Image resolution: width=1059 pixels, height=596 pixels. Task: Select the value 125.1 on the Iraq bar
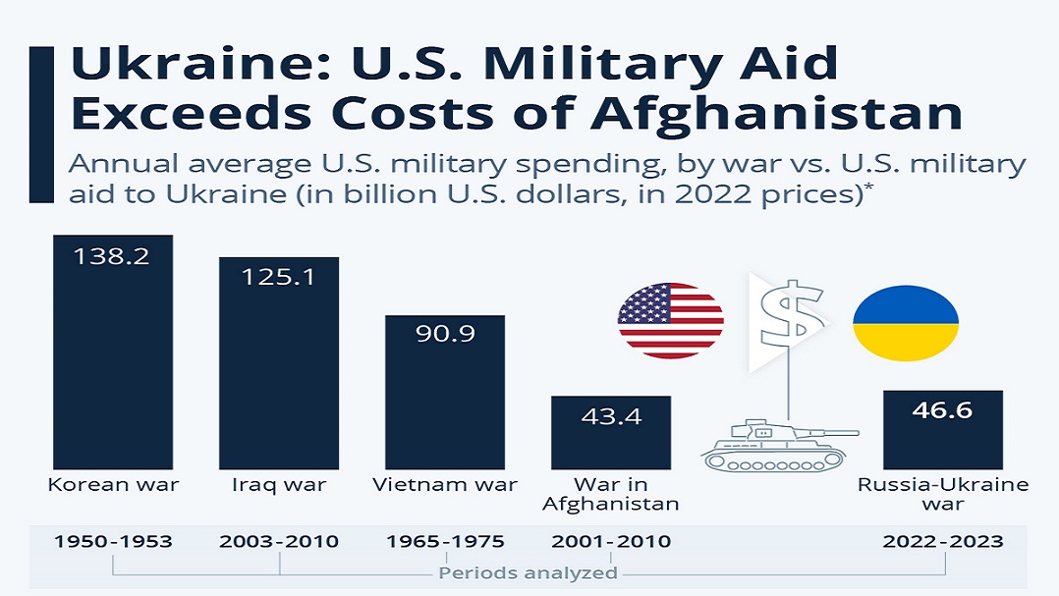tap(278, 278)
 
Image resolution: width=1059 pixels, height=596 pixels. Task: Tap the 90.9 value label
tap(445, 334)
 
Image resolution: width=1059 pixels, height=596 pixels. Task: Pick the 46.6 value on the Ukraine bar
tap(943, 410)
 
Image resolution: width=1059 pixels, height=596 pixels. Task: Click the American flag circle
tap(671, 320)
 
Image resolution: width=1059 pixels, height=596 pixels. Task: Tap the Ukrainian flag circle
tap(905, 323)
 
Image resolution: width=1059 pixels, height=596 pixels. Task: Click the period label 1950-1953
tap(113, 541)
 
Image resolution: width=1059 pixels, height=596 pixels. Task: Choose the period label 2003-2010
tap(279, 541)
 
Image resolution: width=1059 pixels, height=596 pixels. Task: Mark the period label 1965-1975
tap(445, 541)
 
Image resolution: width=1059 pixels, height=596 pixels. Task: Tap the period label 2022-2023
tap(943, 541)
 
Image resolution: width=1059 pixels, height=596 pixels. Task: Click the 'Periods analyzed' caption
tap(529, 572)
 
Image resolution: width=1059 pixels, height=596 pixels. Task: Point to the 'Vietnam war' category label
tap(445, 484)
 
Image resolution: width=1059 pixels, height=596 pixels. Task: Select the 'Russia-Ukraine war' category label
tap(943, 494)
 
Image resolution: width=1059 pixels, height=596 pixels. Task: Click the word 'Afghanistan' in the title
tap(776, 113)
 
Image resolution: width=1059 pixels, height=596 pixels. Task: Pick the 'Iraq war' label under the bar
tap(279, 484)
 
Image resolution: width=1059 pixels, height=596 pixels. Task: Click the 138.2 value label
tap(112, 257)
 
